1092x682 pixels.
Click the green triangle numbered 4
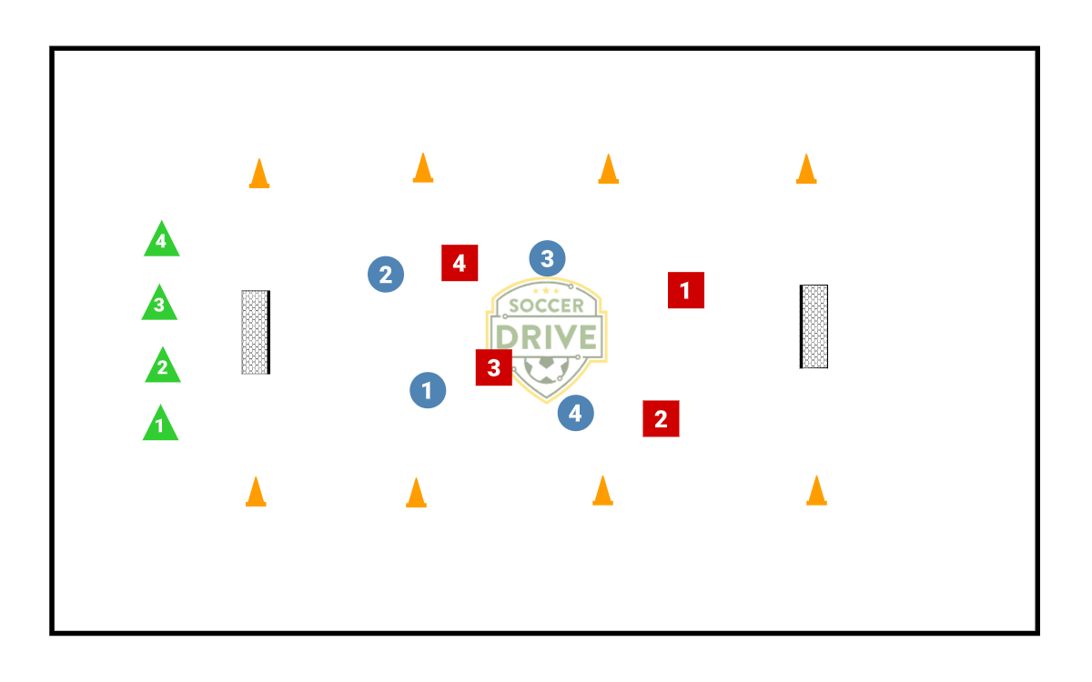161,240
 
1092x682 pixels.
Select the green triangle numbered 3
159,304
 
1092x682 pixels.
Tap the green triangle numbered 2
163,366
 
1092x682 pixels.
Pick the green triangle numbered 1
160,425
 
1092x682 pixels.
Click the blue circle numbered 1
428,390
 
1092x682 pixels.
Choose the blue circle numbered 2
386,274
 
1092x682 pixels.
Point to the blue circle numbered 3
547,259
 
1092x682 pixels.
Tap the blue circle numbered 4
575,413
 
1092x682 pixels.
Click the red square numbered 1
685,290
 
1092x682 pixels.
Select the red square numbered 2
661,418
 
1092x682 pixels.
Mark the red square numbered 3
493,367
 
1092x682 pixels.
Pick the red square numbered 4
460,263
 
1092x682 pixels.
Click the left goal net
256,332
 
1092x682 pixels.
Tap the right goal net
814,326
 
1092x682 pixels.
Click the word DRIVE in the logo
546,336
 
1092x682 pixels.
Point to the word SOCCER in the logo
546,306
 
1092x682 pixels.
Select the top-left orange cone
259,173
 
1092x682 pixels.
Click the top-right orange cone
806,168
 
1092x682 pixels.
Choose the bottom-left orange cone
256,491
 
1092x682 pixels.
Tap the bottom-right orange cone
816,490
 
